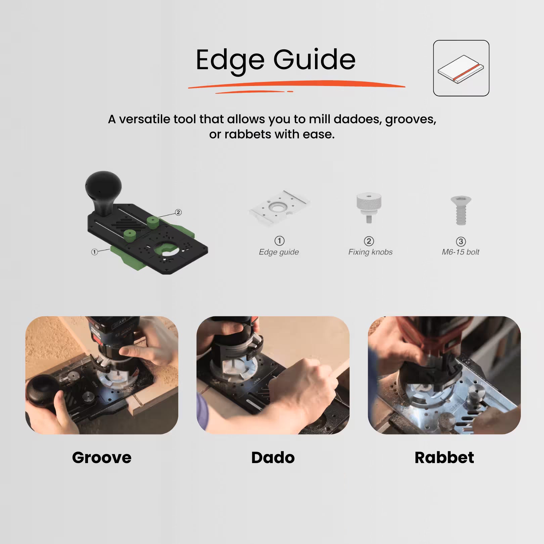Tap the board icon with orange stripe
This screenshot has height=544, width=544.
pyautogui.click(x=461, y=68)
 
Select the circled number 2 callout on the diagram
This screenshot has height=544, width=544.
pyautogui.click(x=178, y=212)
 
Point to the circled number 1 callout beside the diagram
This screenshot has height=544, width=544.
pyautogui.click(x=94, y=252)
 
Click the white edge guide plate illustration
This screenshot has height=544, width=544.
pyautogui.click(x=280, y=207)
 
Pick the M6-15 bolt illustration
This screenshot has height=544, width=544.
pyautogui.click(x=461, y=210)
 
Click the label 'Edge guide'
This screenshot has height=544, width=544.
pyautogui.click(x=279, y=252)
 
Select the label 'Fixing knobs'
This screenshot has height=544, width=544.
pyautogui.click(x=370, y=252)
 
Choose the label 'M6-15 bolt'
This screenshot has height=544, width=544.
pyautogui.click(x=460, y=252)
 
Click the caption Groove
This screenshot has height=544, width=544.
pyautogui.click(x=102, y=458)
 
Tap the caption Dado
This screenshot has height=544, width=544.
pyautogui.click(x=273, y=458)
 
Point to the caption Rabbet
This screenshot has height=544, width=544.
pyautogui.click(x=444, y=458)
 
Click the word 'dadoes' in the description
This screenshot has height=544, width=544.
pyautogui.click(x=358, y=119)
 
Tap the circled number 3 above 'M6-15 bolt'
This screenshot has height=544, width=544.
pyautogui.click(x=461, y=241)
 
